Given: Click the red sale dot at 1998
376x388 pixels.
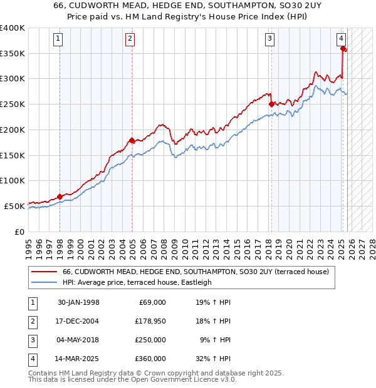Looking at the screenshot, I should pyautogui.click(x=60, y=197).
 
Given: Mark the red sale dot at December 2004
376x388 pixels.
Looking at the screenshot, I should pyautogui.click(x=132, y=141).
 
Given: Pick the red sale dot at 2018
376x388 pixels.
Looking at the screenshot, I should pyautogui.click(x=271, y=105).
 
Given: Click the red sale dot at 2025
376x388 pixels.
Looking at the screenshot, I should pyautogui.click(x=343, y=49).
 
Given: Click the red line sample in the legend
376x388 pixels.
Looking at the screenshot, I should pyautogui.click(x=45, y=272).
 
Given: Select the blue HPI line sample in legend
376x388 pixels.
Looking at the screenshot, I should pyautogui.click(x=45, y=282).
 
